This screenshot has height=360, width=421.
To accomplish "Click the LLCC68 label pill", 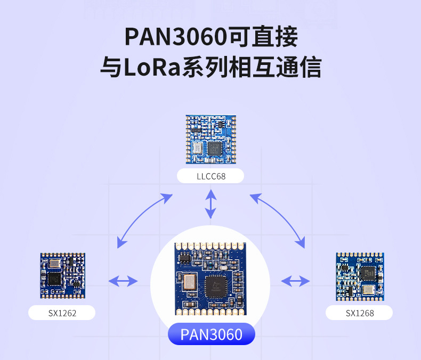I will click(210, 176).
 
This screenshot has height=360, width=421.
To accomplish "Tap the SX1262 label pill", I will click(62, 313).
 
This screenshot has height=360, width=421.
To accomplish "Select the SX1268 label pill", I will click(359, 313).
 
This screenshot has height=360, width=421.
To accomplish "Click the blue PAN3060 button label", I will click(212, 334).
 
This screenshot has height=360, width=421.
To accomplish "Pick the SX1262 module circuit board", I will click(62, 275).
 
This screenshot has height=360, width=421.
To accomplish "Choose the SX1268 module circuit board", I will click(359, 276).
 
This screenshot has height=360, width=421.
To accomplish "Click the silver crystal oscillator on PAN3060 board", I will click(187, 282).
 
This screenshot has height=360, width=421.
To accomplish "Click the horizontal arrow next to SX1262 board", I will click(123, 281).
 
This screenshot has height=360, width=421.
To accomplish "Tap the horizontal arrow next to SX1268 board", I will click(296, 281).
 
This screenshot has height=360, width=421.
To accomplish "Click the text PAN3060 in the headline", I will click(175, 37).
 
